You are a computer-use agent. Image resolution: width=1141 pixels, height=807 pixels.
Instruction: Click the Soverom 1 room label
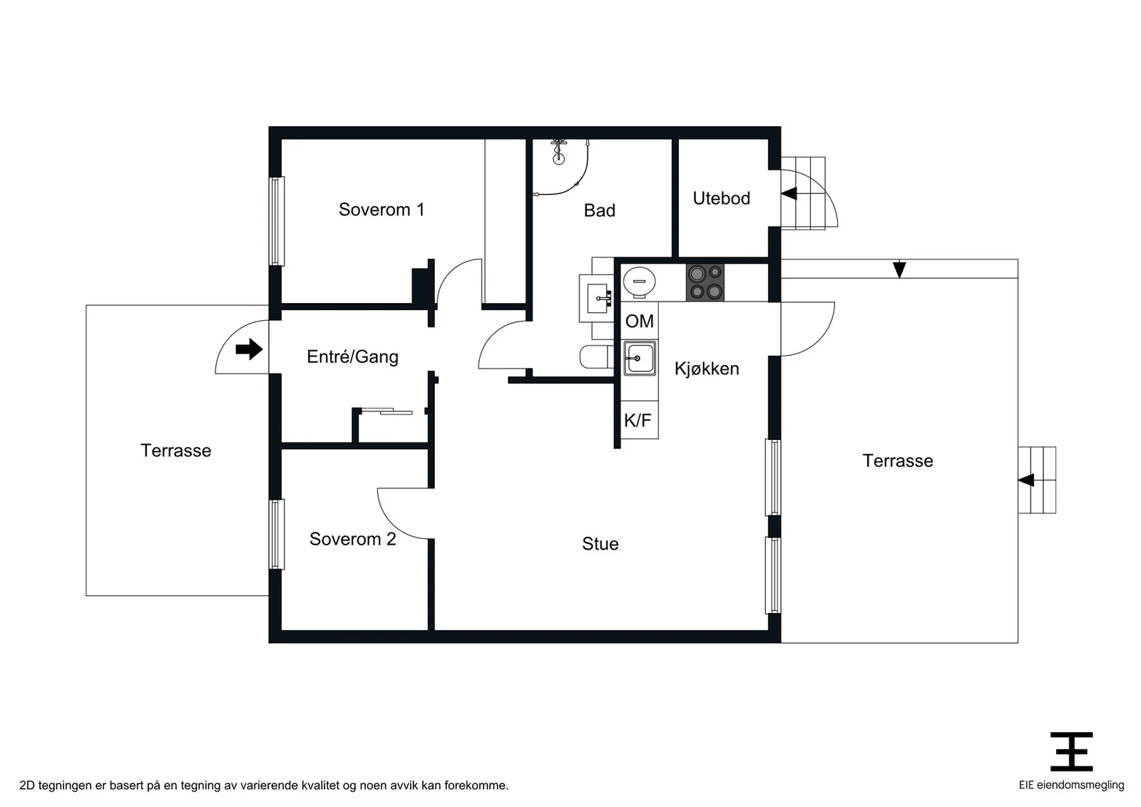click(382, 210)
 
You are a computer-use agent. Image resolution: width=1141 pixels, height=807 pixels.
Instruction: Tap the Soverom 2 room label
click(352, 539)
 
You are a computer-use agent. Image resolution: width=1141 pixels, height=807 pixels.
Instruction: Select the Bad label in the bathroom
click(600, 210)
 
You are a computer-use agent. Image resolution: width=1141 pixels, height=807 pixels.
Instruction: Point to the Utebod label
click(721, 198)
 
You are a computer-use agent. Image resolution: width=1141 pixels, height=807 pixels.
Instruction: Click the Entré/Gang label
click(352, 356)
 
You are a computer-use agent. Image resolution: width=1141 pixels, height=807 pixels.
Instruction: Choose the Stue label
click(600, 544)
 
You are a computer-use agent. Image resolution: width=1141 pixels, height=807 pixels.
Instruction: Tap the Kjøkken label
click(707, 368)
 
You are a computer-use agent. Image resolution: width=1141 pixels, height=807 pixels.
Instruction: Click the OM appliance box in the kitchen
click(639, 321)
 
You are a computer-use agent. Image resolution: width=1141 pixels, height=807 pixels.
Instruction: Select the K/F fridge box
click(639, 420)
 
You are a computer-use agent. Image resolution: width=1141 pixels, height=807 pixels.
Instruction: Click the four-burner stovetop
click(705, 282)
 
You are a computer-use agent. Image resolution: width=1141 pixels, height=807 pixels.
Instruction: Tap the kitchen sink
click(639, 359)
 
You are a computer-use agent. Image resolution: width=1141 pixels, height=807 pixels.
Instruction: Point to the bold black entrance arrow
click(249, 349)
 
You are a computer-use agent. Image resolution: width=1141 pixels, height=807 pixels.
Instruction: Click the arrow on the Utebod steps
click(789, 193)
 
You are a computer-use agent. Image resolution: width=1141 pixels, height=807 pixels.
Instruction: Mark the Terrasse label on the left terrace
click(175, 451)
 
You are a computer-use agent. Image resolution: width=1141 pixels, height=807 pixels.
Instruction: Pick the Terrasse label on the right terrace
click(898, 461)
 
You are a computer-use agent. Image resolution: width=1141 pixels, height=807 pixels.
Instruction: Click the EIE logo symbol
click(1071, 751)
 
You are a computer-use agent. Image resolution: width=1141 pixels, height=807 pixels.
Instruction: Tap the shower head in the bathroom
click(559, 153)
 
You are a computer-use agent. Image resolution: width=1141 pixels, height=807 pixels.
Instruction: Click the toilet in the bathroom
click(596, 356)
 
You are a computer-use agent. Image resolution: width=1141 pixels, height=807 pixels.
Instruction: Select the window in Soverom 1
click(277, 221)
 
